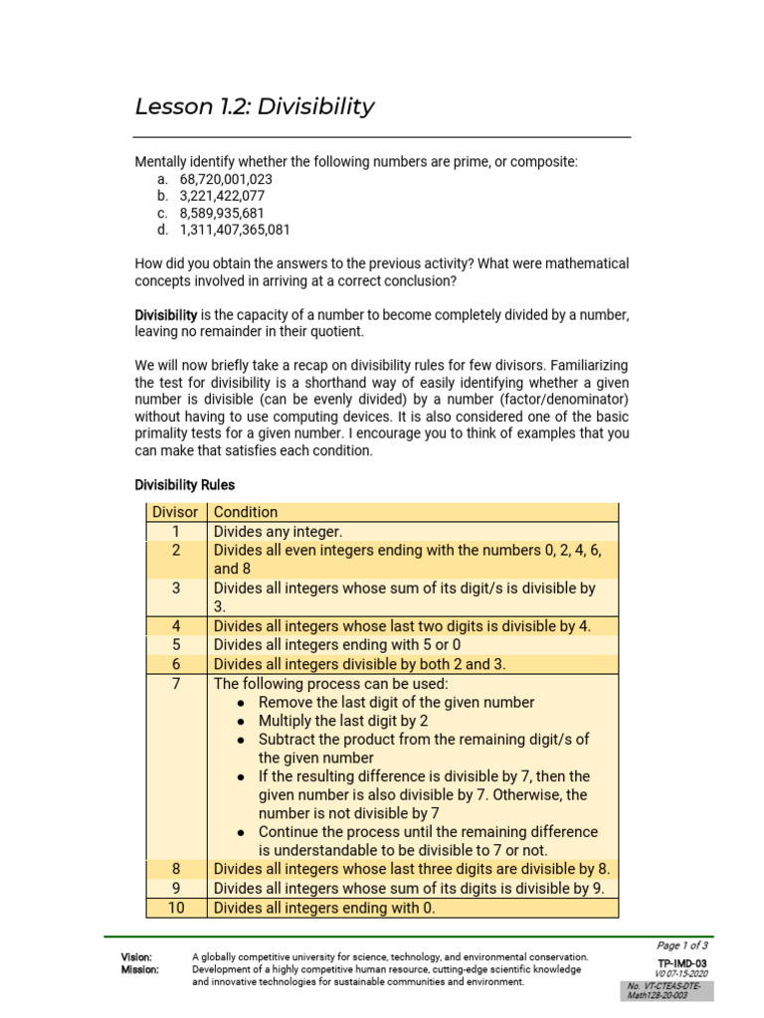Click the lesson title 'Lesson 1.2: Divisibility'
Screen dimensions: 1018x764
pos(255,106)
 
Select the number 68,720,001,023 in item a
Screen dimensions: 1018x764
pos(226,179)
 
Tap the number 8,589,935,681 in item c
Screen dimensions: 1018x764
pos(222,214)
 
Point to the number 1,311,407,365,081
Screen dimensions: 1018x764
pos(235,231)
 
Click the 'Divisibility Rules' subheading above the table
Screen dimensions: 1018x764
pos(185,485)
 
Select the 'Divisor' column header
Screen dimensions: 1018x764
pos(175,512)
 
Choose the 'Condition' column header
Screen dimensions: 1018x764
pos(246,512)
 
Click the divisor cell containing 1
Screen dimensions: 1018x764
pos(175,531)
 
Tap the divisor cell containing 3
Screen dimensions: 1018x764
pos(175,588)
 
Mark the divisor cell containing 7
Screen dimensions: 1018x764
pos(175,684)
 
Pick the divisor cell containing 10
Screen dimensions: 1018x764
pos(175,908)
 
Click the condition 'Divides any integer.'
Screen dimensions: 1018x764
pos(278,531)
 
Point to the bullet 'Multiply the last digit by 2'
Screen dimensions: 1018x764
pos(343,721)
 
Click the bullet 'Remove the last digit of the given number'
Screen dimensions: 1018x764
pos(396,702)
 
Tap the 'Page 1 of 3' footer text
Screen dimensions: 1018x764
pos(681,945)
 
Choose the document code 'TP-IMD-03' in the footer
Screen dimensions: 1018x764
pos(681,963)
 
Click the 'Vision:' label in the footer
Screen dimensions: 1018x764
pos(137,956)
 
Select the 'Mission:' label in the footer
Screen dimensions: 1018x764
pos(140,969)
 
